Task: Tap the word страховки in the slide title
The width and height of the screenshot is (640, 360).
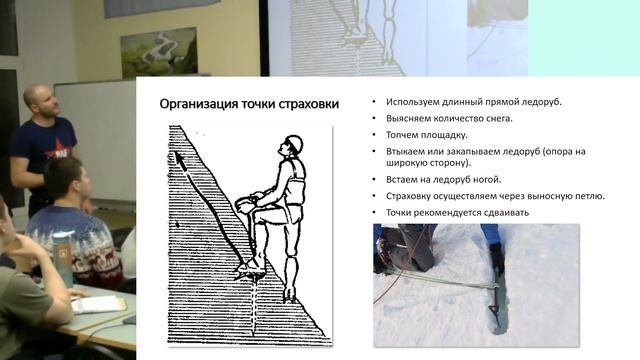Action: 309,104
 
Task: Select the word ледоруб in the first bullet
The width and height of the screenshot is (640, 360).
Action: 541,102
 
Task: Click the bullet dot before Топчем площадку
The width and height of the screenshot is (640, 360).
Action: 374,135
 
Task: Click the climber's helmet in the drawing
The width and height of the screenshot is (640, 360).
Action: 294,145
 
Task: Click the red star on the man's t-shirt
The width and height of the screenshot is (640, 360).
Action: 58,148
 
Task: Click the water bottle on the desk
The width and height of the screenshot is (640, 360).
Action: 62,259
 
